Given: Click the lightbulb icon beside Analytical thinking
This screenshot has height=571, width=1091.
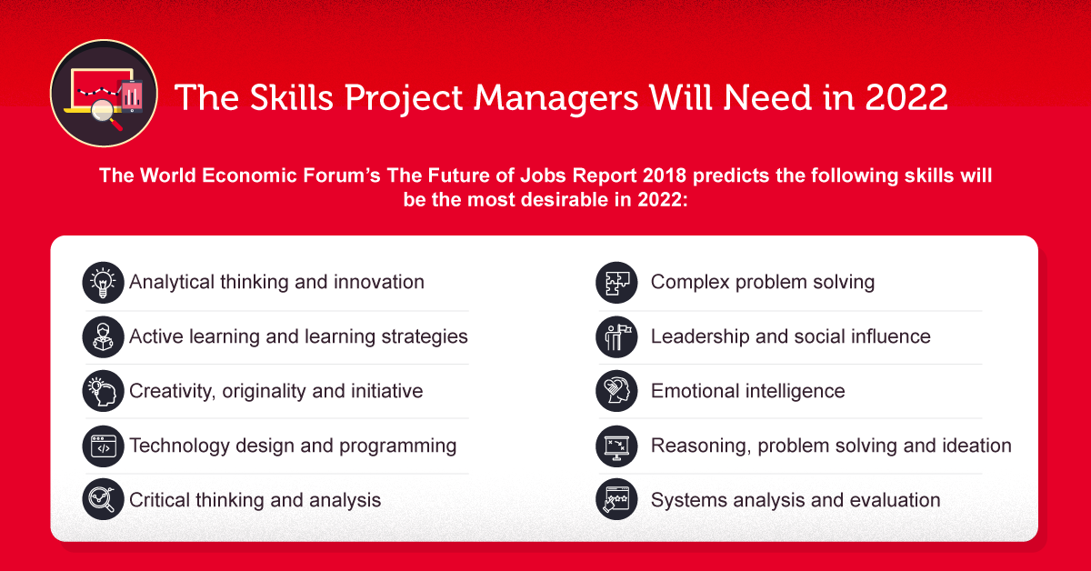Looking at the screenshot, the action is pyautogui.click(x=103, y=283).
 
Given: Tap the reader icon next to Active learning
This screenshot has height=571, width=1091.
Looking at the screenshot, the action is pyautogui.click(x=103, y=337).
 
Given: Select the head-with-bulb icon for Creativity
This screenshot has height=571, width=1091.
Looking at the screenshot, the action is pyautogui.click(x=103, y=391).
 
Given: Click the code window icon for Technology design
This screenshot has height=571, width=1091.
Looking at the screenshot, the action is pyautogui.click(x=103, y=446).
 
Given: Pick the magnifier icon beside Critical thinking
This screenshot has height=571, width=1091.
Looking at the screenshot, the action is pyautogui.click(x=103, y=499).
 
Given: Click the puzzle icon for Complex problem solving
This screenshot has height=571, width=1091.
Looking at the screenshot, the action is pyautogui.click(x=616, y=283).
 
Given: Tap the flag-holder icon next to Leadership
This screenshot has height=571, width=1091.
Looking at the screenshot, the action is pyautogui.click(x=616, y=337).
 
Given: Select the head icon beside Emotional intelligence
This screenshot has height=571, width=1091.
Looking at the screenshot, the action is pyautogui.click(x=616, y=391).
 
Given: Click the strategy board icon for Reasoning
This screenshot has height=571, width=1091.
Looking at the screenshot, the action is pyautogui.click(x=616, y=446).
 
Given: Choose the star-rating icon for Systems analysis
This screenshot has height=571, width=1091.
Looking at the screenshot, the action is pyautogui.click(x=616, y=499).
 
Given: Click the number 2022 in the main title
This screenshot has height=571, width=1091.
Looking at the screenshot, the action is pyautogui.click(x=906, y=97).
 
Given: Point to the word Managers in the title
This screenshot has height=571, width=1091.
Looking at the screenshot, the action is pyautogui.click(x=556, y=99).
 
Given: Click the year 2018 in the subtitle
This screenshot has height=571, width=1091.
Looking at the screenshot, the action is pyautogui.click(x=665, y=175).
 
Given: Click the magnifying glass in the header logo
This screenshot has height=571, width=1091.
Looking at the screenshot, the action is pyautogui.click(x=106, y=114).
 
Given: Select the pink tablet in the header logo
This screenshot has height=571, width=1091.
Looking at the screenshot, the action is pyautogui.click(x=132, y=96).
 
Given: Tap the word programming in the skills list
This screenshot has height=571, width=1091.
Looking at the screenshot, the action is pyautogui.click(x=398, y=446).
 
